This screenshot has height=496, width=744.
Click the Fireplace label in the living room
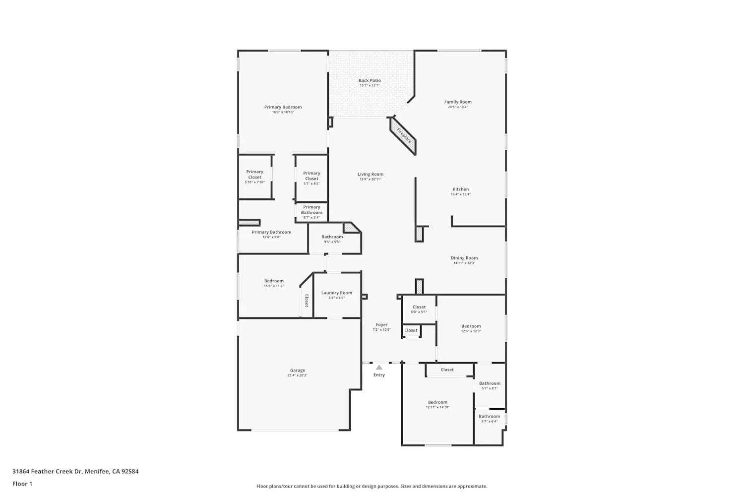click(x=404, y=136)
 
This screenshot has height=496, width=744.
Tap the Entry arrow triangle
click(x=379, y=368)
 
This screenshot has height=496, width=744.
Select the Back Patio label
click(x=370, y=80)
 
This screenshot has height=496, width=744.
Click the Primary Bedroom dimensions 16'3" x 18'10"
click(x=283, y=112)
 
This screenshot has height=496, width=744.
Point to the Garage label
click(x=298, y=370)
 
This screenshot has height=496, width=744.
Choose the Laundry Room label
click(x=336, y=293)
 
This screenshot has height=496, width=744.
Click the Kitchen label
click(x=460, y=189)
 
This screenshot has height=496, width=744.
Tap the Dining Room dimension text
click(x=464, y=263)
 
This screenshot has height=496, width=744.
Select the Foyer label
click(x=381, y=325)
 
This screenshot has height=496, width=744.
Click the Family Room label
click(x=458, y=102)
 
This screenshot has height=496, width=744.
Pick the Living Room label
click(x=370, y=174)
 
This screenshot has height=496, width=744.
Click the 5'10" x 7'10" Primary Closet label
click(x=254, y=177)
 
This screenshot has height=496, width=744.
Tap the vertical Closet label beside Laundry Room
click(x=307, y=301)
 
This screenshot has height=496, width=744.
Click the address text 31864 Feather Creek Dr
click(x=48, y=471)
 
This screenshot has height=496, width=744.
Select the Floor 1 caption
click(x=22, y=484)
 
